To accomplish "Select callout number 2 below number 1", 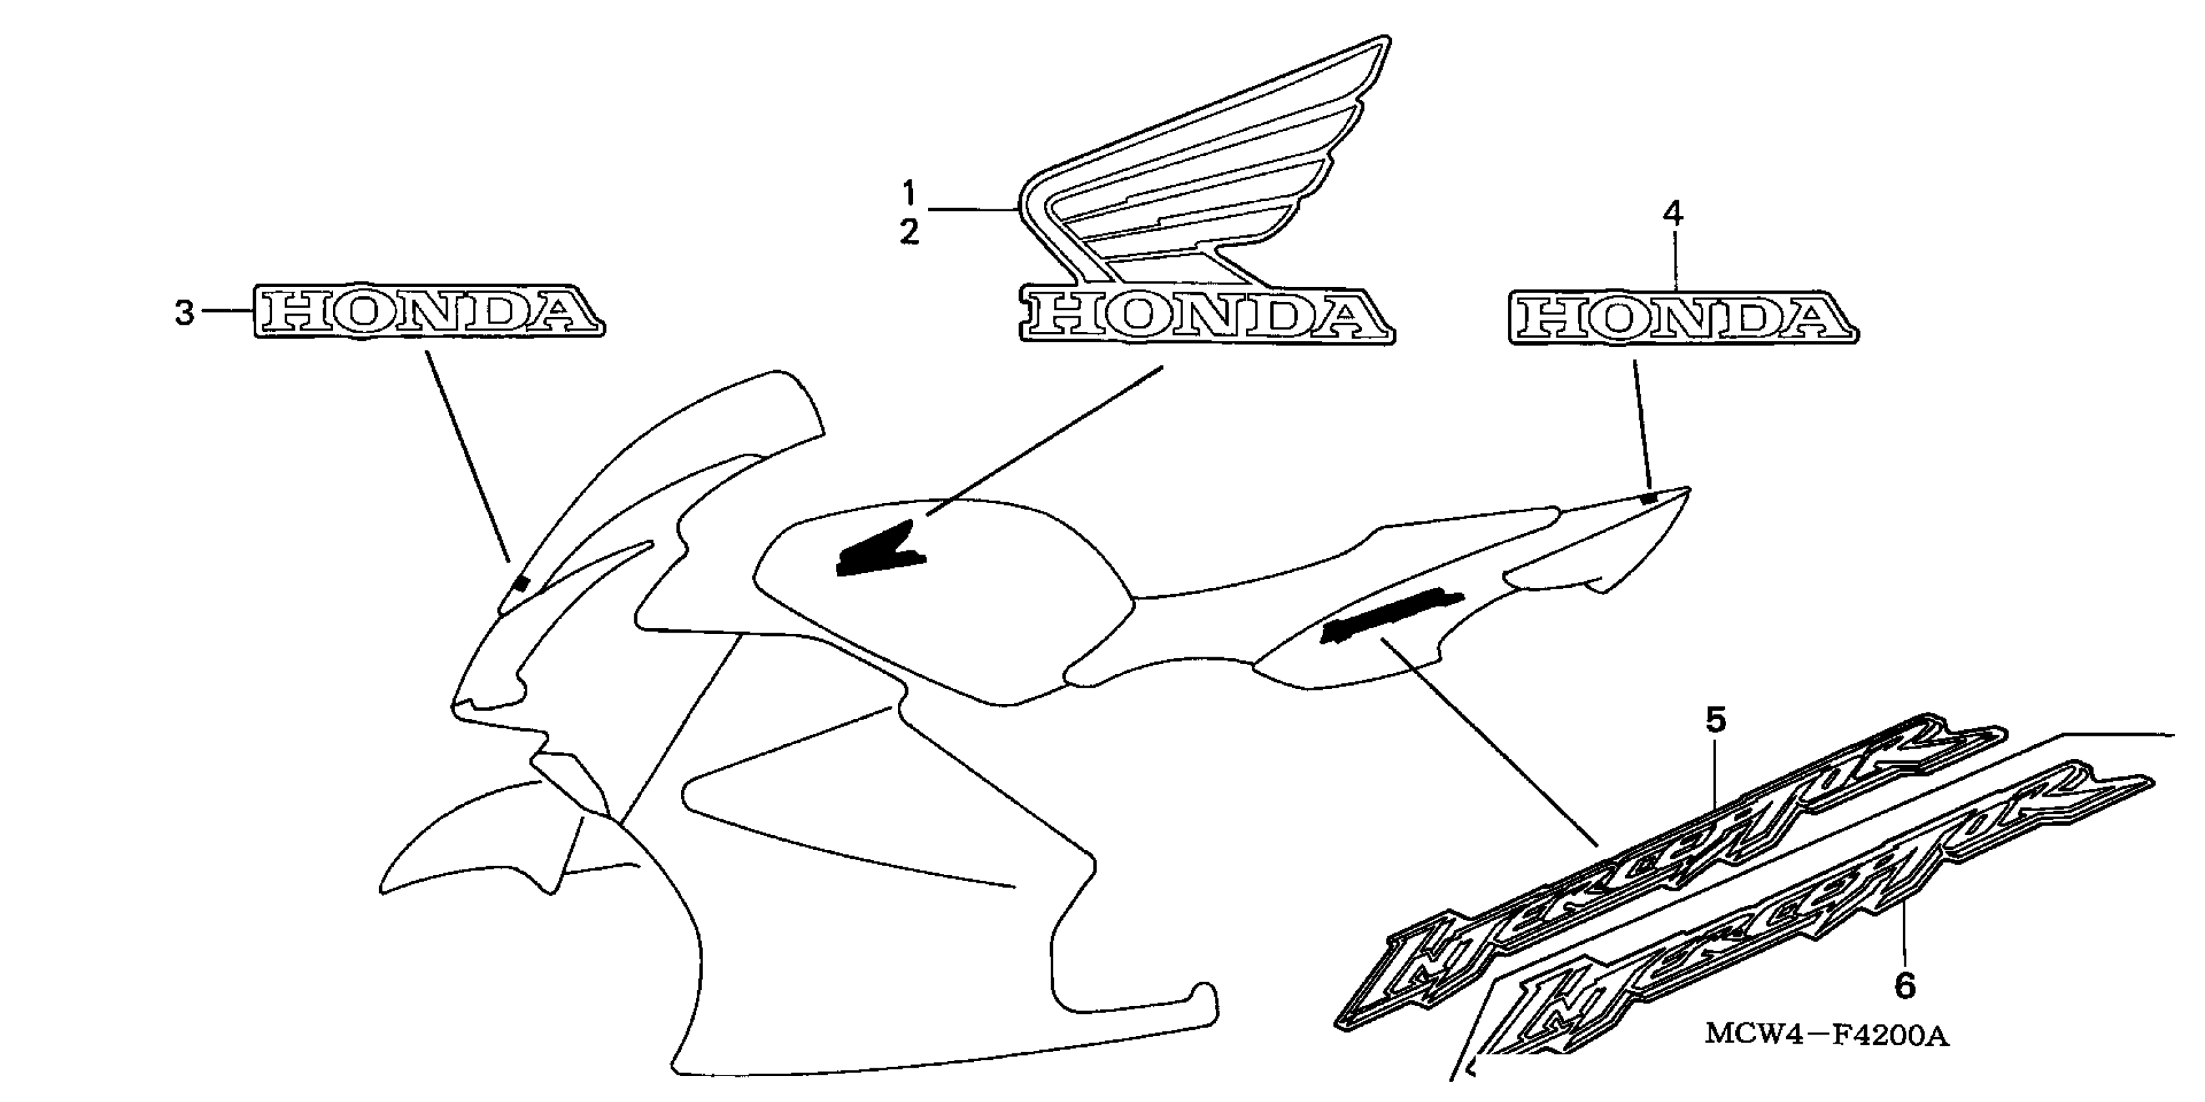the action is point(909,232).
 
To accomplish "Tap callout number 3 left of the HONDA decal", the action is point(184,313).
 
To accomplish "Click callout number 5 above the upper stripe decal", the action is point(1715,721).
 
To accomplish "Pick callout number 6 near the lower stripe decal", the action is point(1904,987).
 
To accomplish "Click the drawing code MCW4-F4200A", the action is point(1827,1036).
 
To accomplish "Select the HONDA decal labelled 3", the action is point(428,312).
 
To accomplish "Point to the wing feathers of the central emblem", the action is point(1216,163).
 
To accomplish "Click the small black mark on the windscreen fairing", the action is point(520,584).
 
